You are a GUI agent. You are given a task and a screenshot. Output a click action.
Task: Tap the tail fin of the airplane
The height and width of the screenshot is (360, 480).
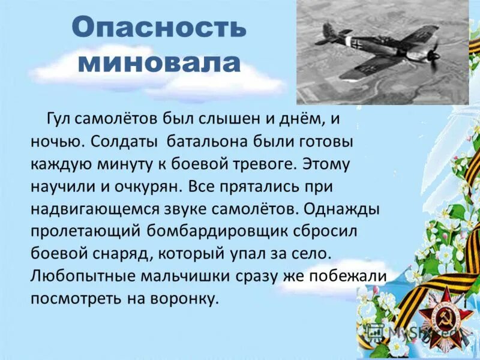328,30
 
